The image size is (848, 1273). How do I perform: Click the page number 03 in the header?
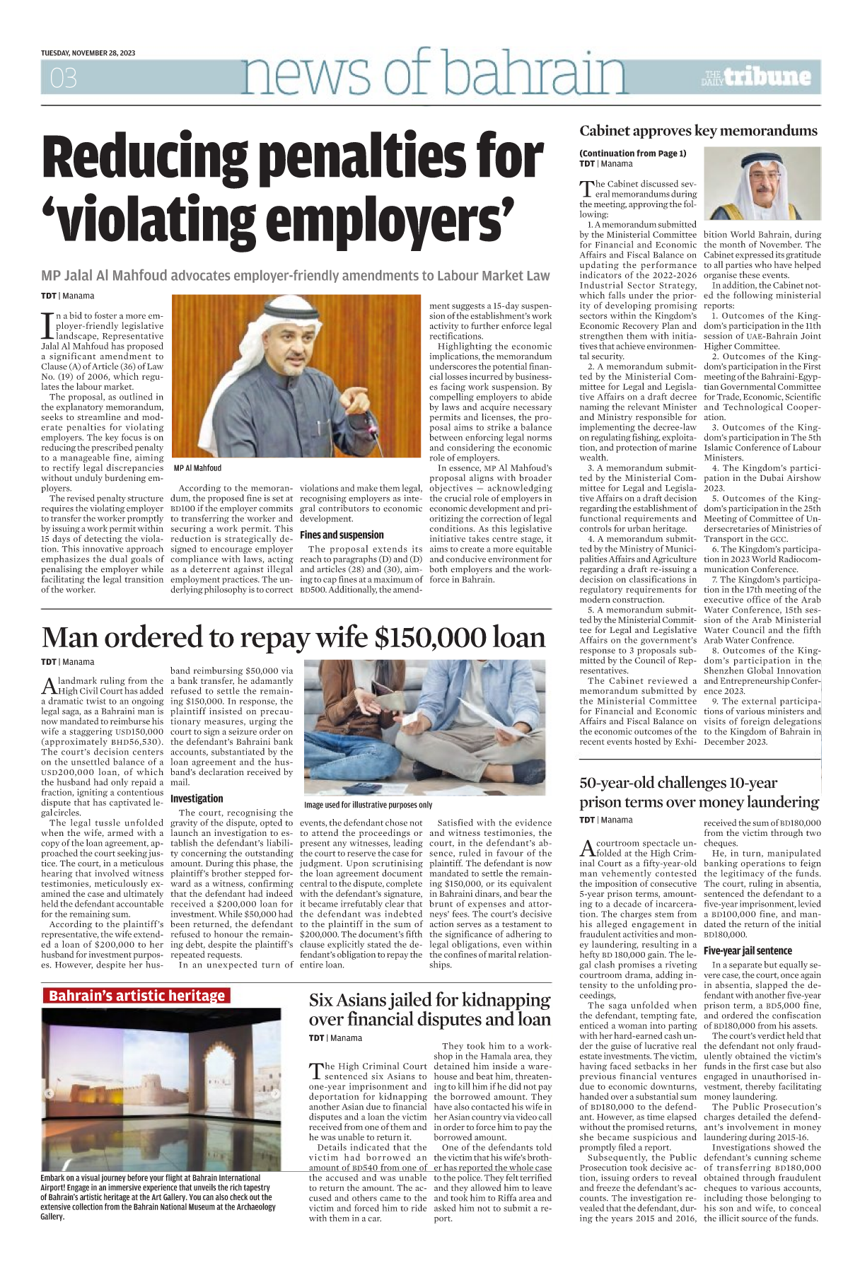[63, 79]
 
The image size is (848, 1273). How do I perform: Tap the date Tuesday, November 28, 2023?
[88, 53]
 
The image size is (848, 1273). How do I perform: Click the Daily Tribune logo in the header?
[756, 77]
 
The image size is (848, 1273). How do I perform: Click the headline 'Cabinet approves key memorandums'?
[698, 131]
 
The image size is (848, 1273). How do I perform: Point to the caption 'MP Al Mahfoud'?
[197, 468]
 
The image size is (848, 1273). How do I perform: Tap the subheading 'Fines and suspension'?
[342, 535]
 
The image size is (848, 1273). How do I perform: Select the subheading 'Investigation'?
[197, 798]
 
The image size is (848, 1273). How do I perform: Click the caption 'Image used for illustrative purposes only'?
[368, 805]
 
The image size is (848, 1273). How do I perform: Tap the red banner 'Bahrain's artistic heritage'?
[137, 996]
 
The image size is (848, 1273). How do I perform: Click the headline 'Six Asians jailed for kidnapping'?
[429, 1000]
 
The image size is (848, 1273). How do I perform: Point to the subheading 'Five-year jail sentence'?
[748, 951]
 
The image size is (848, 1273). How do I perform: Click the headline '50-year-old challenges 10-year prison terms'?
[699, 792]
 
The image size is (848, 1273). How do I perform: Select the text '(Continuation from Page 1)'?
[633, 153]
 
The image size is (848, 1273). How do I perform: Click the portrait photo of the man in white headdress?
[762, 184]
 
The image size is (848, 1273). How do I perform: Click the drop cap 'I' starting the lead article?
[47, 326]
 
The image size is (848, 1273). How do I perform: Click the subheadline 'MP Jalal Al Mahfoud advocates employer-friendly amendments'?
[295, 276]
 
